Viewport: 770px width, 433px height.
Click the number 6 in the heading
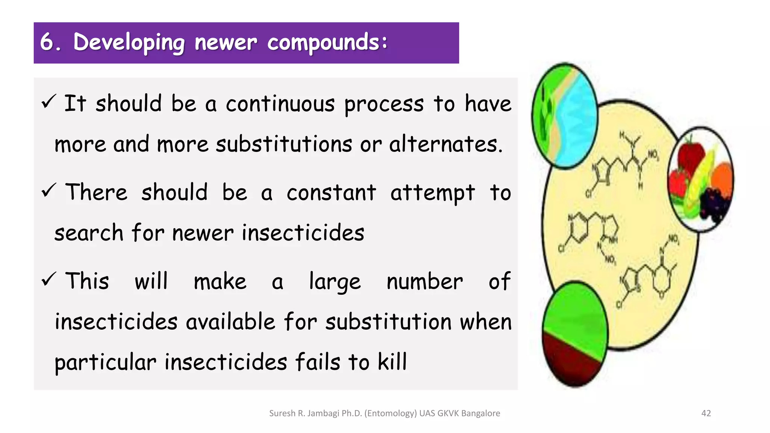pos(47,42)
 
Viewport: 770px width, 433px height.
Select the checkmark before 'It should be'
pos(49,101)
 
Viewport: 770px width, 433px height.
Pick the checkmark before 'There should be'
pos(49,190)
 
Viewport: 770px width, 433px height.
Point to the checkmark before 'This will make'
pos(49,279)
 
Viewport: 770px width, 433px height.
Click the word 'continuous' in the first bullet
pos(280,104)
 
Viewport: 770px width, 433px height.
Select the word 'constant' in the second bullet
pos(331,193)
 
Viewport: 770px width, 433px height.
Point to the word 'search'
pos(89,233)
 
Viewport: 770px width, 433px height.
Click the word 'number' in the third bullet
pos(424,282)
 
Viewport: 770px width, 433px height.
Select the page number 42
pos(706,413)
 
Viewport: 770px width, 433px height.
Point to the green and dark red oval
pos(574,334)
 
